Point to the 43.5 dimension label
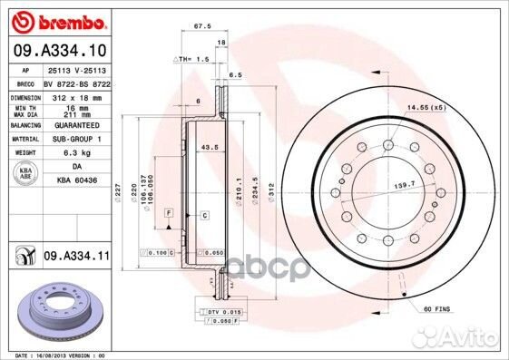tap(209, 148)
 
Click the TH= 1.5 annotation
tap(193, 58)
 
